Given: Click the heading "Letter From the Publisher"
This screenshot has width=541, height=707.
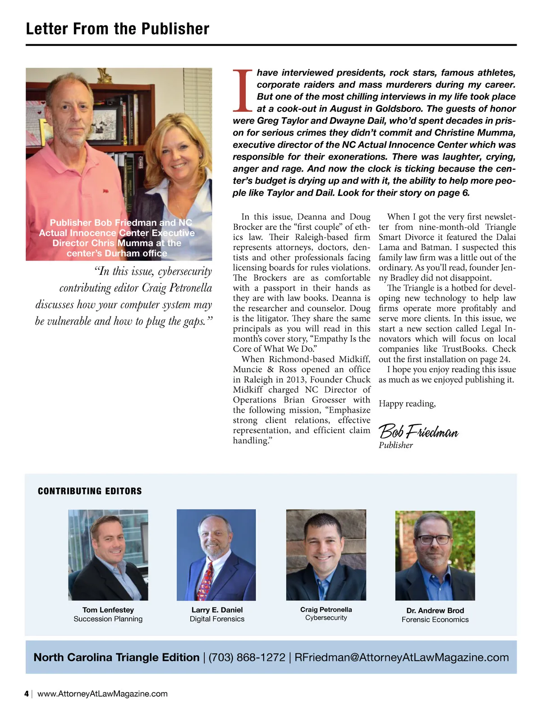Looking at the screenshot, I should (x=118, y=29).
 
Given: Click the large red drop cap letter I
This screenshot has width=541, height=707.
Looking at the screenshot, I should (x=243, y=91).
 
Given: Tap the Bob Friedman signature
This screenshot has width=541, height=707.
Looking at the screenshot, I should (x=418, y=432).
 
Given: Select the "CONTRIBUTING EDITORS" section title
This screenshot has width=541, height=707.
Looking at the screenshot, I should (x=90, y=491).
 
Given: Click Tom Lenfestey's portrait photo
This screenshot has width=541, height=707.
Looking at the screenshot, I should (x=108, y=555).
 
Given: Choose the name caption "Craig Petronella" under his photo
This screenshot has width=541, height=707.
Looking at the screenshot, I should (x=326, y=610).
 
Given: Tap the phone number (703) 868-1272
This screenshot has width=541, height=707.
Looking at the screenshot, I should (x=247, y=657).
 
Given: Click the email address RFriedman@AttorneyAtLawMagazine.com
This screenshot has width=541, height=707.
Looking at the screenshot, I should (x=401, y=657).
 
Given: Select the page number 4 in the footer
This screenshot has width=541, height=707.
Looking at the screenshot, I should (x=27, y=694).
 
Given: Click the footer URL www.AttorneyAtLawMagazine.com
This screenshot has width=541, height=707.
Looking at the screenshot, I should (x=102, y=694).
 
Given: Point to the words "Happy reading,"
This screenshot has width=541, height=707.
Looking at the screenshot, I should (x=407, y=404).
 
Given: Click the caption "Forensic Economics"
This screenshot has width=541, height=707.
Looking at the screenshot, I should (x=435, y=620).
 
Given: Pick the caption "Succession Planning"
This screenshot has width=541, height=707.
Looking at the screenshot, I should (x=108, y=619).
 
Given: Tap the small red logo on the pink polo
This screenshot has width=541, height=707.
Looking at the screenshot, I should (x=105, y=192).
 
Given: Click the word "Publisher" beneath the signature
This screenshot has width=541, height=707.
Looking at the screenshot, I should (x=395, y=445).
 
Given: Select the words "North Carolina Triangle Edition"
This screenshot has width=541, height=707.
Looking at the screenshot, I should (x=116, y=657).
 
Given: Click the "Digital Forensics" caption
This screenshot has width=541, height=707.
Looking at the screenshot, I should (x=217, y=619).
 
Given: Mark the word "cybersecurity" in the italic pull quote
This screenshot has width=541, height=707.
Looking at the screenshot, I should (x=185, y=271).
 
